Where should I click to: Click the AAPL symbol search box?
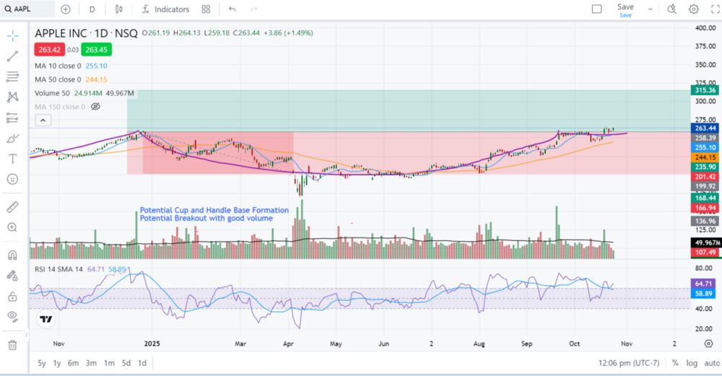click(x=29, y=9)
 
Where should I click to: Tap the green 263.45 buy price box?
click(x=96, y=50)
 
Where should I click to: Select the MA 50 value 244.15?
click(x=97, y=79)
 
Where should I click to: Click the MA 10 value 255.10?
click(x=97, y=66)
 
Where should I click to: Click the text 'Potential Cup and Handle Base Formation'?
click(x=214, y=210)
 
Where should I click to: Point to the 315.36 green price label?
click(x=704, y=90)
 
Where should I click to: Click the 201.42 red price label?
click(x=704, y=177)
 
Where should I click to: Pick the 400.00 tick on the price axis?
click(x=704, y=28)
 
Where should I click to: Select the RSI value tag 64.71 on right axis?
click(x=704, y=284)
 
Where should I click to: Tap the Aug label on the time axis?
click(x=479, y=344)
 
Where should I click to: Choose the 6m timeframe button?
click(x=73, y=363)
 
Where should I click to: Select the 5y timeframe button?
click(x=42, y=363)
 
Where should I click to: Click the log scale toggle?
click(x=692, y=363)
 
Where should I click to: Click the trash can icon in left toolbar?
click(x=12, y=345)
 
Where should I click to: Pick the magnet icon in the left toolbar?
click(x=12, y=255)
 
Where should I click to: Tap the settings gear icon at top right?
click(x=693, y=9)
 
